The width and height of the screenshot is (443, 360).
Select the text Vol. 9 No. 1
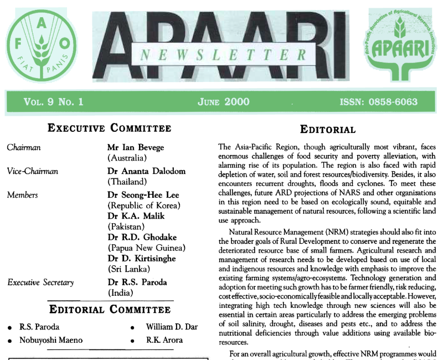tap(53, 102)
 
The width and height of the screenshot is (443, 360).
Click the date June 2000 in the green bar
tap(223, 102)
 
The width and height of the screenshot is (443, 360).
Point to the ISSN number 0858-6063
tap(378, 102)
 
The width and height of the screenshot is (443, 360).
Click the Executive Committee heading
tap(110, 128)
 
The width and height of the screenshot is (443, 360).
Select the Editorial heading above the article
tap(328, 130)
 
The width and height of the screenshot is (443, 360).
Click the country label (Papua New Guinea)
tap(146, 248)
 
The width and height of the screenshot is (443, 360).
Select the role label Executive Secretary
tap(40, 282)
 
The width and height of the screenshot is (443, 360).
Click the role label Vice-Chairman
tap(32, 171)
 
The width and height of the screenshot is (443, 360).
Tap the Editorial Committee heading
tap(110, 309)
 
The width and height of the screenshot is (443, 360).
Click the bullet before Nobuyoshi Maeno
tap(10, 341)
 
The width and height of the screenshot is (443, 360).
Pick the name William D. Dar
tap(172, 327)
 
